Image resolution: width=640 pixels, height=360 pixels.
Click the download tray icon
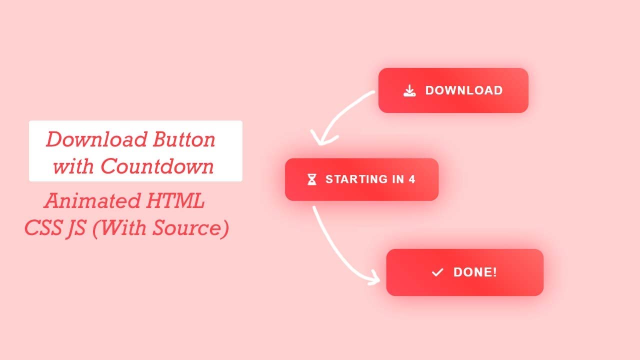409,90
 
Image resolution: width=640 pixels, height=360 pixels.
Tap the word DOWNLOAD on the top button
464,90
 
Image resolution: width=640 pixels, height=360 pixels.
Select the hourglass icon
312,179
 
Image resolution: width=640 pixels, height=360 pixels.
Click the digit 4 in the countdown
412,179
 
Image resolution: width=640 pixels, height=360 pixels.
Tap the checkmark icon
437,272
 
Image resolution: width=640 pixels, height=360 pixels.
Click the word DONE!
475,272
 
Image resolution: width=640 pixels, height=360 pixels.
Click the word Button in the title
184,139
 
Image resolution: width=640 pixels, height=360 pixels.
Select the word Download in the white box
96,139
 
